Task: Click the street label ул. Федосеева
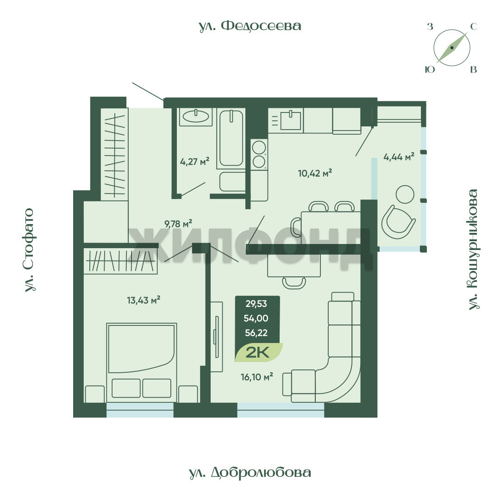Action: point(250,26)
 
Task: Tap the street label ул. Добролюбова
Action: point(250,473)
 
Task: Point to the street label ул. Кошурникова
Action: point(473,250)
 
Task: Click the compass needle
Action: point(452,48)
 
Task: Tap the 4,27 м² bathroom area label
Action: point(194,161)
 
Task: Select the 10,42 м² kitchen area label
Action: point(315,173)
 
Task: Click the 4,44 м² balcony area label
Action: point(399,156)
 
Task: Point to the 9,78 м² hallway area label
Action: point(178,223)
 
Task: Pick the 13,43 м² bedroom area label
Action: point(144,300)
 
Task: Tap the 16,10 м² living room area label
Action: point(256,377)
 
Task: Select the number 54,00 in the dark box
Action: point(256,318)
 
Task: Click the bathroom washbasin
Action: point(195,116)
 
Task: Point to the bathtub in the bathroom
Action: point(231,138)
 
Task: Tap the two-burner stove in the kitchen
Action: point(259,155)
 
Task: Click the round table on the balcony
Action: point(405,194)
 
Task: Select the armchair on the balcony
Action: point(398,222)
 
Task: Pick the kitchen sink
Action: point(290,120)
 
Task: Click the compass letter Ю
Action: point(430,69)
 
